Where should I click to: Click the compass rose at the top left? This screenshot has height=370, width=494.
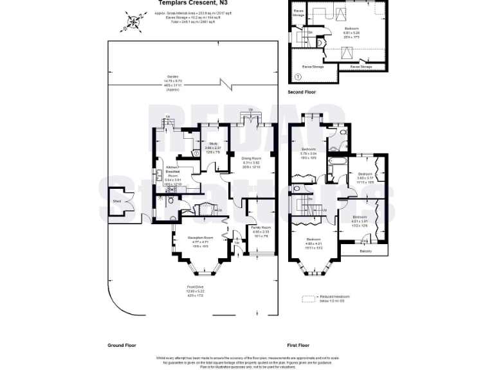133,22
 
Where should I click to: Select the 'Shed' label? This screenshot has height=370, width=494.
116,201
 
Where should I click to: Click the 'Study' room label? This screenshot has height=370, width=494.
213,144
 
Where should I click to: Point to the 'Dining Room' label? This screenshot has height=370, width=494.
251,158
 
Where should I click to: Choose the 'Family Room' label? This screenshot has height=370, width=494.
261,228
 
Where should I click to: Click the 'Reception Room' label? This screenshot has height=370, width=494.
200,238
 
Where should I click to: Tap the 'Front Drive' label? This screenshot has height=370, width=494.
196,286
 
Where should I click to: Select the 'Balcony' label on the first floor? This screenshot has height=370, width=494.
365,251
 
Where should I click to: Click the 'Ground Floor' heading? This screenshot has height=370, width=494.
122,345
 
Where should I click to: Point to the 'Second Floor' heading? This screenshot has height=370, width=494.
302,92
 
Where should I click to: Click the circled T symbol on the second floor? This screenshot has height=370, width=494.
297,76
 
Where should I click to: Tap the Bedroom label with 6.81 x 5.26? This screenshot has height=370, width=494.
352,29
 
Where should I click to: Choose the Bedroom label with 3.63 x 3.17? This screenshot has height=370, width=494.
365,174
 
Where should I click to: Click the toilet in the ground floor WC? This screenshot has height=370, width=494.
169,200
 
